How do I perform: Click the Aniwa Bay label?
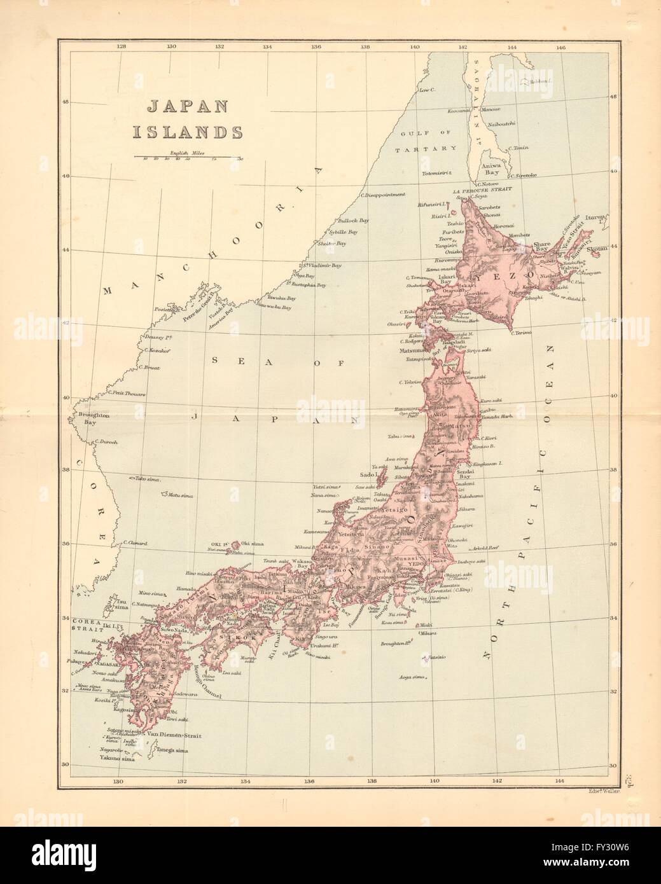pos(493,168)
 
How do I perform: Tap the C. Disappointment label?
pos(382,195)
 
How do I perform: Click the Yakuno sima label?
pos(117,758)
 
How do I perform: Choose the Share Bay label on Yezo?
pos(541,245)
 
